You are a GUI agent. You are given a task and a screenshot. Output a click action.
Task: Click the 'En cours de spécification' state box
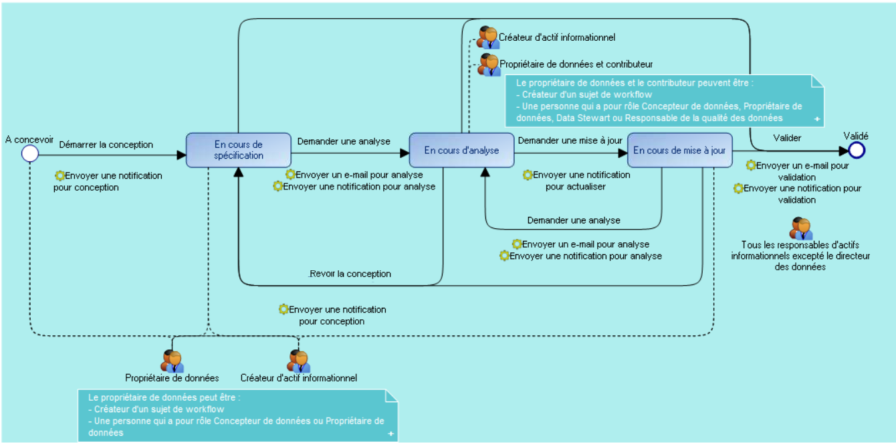click(x=238, y=150)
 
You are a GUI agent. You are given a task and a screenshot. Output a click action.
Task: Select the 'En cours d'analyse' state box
click(x=461, y=150)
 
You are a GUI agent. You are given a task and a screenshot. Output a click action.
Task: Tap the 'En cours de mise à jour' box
click(x=679, y=150)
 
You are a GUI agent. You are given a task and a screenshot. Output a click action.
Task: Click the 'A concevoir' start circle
click(x=29, y=154)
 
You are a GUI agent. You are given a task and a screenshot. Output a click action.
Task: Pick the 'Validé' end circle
click(x=857, y=150)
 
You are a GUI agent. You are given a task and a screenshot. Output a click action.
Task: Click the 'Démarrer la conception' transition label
click(x=106, y=145)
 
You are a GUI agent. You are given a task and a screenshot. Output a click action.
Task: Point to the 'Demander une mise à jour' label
click(x=570, y=141)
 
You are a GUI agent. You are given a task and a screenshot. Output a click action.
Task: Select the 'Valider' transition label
click(x=787, y=138)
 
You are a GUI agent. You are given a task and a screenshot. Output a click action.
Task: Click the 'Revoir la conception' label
click(x=350, y=274)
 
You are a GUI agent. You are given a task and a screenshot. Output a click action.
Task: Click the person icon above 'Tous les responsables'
click(x=801, y=228)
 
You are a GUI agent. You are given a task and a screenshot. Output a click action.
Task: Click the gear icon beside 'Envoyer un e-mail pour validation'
click(x=751, y=165)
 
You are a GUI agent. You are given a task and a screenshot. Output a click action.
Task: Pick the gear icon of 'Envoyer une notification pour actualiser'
click(x=528, y=175)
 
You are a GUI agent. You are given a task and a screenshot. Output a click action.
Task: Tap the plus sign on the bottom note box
click(x=391, y=434)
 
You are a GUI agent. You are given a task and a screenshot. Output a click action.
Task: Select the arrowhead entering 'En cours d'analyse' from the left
click(x=405, y=153)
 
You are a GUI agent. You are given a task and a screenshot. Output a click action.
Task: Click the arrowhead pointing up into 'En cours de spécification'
click(x=237, y=172)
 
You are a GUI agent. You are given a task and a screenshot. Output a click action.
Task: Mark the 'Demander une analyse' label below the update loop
click(x=573, y=220)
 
